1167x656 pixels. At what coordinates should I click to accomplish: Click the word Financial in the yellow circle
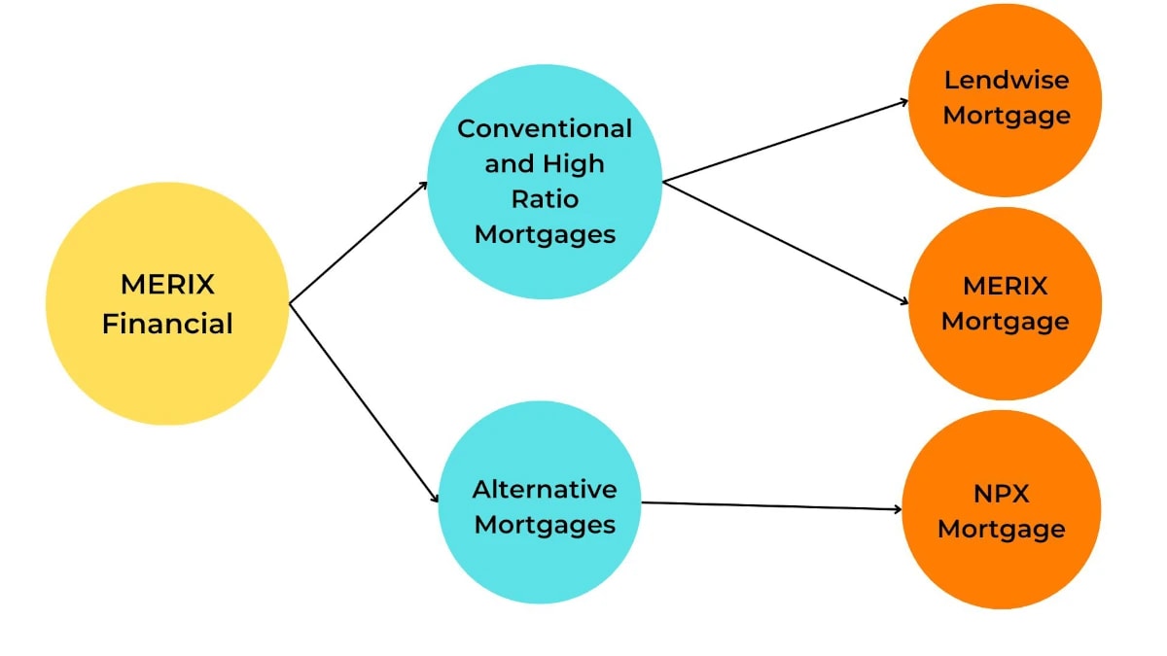pyautogui.click(x=167, y=323)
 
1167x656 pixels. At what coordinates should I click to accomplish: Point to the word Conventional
pyautogui.click(x=545, y=128)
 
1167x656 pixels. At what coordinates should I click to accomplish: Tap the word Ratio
pyautogui.click(x=545, y=199)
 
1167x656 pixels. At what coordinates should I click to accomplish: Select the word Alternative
pyautogui.click(x=545, y=489)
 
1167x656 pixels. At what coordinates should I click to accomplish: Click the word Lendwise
pyautogui.click(x=1007, y=80)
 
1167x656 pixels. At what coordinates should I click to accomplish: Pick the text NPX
pyautogui.click(x=1002, y=494)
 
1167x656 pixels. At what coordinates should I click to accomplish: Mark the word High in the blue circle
pyautogui.click(x=572, y=163)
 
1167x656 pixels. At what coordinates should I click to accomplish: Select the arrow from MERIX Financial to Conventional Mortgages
pyautogui.click(x=358, y=243)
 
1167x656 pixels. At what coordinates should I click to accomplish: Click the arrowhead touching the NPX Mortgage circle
pyautogui.click(x=898, y=508)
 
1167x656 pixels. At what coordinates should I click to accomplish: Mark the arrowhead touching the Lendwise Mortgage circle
pyautogui.click(x=903, y=101)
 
